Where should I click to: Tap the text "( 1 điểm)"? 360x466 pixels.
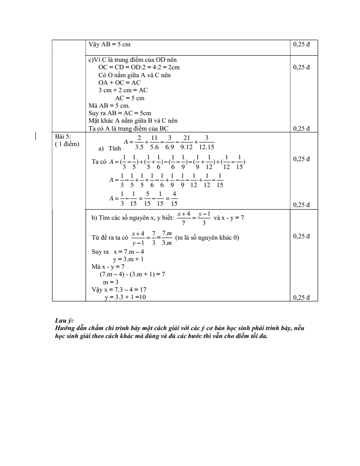pyautogui.click(x=67, y=144)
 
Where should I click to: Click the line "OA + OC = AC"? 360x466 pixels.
pyautogui.click(x=119, y=83)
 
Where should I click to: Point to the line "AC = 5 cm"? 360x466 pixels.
pyautogui.click(x=130, y=98)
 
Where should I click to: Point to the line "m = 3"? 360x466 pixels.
pyautogui.click(x=111, y=282)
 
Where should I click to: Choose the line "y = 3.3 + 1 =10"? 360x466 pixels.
pyautogui.click(x=125, y=297)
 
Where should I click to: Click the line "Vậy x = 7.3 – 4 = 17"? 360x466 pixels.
pyautogui.click(x=119, y=289)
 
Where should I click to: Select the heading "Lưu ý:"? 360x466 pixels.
pyautogui.click(x=61, y=321)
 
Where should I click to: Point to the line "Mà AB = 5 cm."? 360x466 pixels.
pyautogui.click(x=106, y=105)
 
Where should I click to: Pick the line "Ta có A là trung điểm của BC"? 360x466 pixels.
pyautogui.click(x=128, y=128)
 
